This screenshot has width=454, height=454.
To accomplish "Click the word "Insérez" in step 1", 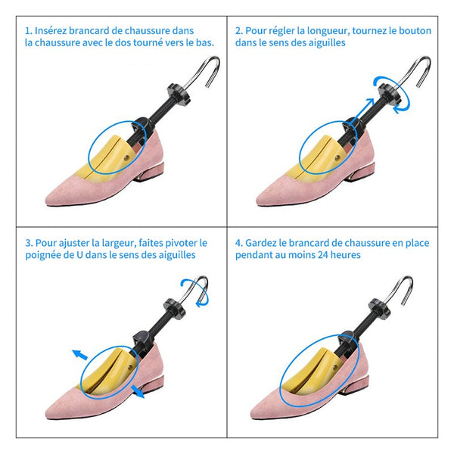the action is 51,31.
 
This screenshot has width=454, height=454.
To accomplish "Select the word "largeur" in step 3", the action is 119,243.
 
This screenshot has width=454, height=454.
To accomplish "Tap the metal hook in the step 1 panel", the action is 204,71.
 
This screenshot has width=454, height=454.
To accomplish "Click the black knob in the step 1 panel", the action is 179,93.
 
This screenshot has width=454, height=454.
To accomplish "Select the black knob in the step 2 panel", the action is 390,93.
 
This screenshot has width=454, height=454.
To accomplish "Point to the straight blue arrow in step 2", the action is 362,111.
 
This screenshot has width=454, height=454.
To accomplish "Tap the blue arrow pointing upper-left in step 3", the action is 79,354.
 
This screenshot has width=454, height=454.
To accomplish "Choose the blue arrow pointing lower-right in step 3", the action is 138,391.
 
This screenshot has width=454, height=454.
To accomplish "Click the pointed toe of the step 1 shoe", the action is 47,200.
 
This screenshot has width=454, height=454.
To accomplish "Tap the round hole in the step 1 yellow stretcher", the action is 126,158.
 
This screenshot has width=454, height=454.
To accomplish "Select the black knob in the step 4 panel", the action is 380,309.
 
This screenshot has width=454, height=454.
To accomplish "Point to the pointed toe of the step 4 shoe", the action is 253,414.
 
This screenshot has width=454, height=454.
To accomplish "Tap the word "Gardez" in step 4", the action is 261,243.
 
